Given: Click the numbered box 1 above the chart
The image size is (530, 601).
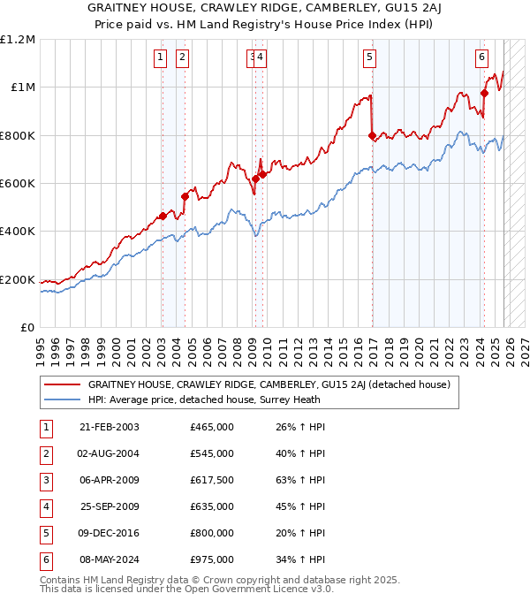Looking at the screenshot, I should [x=160, y=58].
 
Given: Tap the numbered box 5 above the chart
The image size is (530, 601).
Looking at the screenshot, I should [x=368, y=58].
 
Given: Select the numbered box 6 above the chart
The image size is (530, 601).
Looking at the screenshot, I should [x=481, y=58].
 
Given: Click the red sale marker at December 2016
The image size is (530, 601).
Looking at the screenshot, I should [x=372, y=135].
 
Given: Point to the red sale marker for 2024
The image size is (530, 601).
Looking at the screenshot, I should [x=485, y=93].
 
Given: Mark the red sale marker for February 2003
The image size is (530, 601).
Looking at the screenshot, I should [x=163, y=216].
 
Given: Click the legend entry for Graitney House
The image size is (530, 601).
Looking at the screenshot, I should [x=269, y=384].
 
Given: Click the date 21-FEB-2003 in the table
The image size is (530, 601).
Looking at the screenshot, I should [x=109, y=428].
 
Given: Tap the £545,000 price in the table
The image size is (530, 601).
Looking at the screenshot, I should [x=212, y=454].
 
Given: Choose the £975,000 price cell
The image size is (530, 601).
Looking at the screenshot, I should [x=212, y=560].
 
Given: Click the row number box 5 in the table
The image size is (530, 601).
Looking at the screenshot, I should [x=45, y=534].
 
